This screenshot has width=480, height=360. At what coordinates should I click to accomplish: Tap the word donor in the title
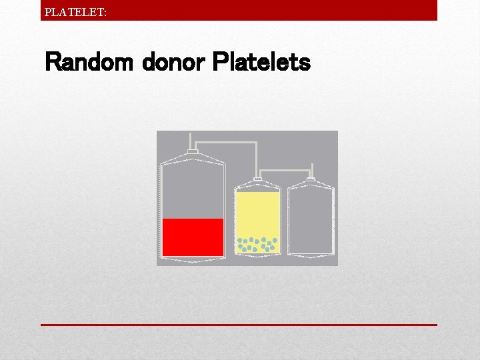175,63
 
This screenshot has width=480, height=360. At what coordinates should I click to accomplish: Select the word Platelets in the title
261,63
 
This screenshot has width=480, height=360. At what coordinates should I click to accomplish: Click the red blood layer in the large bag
193,237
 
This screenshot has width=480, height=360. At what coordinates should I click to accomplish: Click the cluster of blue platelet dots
257,244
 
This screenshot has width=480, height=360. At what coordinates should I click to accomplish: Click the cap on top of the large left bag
193,153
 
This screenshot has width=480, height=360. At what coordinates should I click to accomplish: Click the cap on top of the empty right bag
311,180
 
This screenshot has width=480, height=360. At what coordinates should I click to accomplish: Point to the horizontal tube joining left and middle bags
227,142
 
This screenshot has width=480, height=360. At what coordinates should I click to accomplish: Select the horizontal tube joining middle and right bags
285,168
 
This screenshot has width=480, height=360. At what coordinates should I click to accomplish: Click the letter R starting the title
53,63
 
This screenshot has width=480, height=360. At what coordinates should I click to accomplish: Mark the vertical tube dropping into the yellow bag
258,161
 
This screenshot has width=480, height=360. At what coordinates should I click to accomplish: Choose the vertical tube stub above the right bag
311,173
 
